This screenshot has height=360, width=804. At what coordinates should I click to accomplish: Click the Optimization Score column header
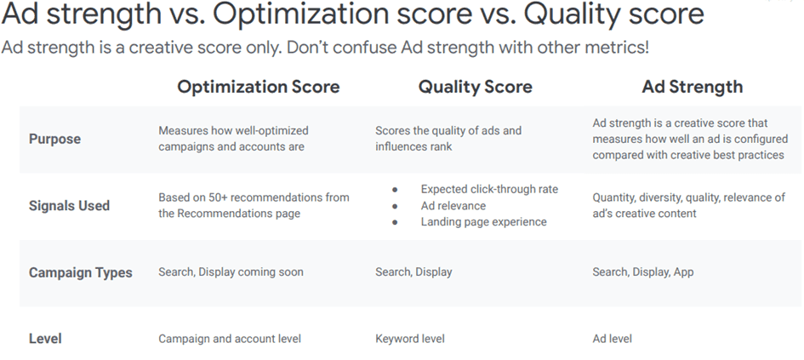click(x=258, y=87)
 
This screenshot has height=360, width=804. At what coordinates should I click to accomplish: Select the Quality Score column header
click(x=476, y=87)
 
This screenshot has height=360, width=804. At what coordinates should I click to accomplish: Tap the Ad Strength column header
click(x=693, y=87)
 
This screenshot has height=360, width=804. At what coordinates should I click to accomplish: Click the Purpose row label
click(x=54, y=139)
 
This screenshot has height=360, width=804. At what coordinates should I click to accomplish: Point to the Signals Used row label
click(x=69, y=206)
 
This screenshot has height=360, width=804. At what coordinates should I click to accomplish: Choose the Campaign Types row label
click(x=81, y=272)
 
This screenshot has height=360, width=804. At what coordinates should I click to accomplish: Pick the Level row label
click(x=45, y=339)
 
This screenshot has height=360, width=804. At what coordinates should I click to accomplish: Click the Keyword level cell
click(x=410, y=339)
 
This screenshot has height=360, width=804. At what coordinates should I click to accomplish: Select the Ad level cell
click(x=613, y=339)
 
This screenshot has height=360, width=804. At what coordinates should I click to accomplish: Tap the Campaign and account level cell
click(x=230, y=339)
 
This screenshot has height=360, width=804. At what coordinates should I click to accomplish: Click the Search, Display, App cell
click(x=643, y=271)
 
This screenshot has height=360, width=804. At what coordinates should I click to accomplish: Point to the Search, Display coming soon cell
click(x=231, y=271)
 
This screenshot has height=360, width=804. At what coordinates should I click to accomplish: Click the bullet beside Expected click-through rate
click(x=395, y=190)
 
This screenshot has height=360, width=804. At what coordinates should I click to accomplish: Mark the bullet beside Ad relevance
click(x=395, y=206)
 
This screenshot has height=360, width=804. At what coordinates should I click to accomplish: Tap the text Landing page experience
click(x=483, y=222)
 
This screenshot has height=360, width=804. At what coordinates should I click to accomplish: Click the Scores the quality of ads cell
click(x=448, y=139)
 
